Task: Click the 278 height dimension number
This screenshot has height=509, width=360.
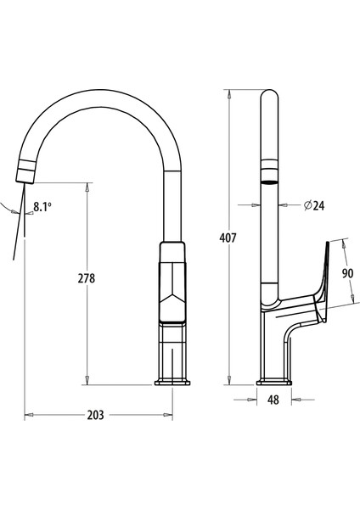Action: (x=87, y=278)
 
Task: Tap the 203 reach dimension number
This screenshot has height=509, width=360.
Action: (x=96, y=415)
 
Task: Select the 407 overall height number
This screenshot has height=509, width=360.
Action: (x=228, y=238)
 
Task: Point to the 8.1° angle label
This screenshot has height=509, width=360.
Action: (x=42, y=206)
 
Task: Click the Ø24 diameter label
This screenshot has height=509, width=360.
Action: (x=314, y=205)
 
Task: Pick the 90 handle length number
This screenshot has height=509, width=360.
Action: (x=347, y=273)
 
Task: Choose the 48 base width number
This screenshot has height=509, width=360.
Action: (x=273, y=400)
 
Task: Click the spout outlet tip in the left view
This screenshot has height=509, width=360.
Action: (x=25, y=182)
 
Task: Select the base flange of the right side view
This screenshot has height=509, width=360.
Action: (x=274, y=382)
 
